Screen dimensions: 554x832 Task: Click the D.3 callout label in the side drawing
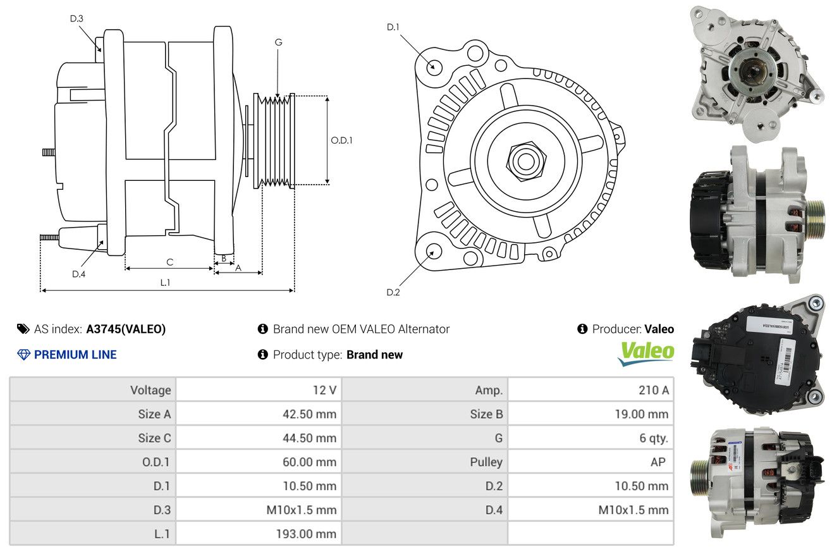click(x=76, y=18)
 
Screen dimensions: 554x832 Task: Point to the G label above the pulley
click(x=278, y=42)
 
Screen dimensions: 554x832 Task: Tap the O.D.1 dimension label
click(x=341, y=140)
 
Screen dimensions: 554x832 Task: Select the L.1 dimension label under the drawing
click(x=165, y=283)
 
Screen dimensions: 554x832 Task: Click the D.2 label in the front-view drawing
click(x=393, y=292)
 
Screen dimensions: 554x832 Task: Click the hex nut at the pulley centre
click(x=525, y=159)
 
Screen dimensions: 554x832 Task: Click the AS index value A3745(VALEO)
click(x=126, y=329)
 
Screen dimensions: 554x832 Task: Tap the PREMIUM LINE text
click(x=75, y=355)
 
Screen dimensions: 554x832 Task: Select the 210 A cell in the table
click(x=653, y=390)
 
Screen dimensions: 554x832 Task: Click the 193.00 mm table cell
click(x=306, y=534)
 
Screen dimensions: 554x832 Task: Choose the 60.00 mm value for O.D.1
click(x=309, y=462)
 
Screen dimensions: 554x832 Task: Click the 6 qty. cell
click(x=653, y=438)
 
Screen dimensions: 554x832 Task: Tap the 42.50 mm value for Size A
click(x=309, y=414)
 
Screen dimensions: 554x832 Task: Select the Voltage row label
click(x=150, y=390)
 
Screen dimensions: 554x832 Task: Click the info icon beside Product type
click(x=263, y=355)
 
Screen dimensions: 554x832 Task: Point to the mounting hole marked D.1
click(x=434, y=66)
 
